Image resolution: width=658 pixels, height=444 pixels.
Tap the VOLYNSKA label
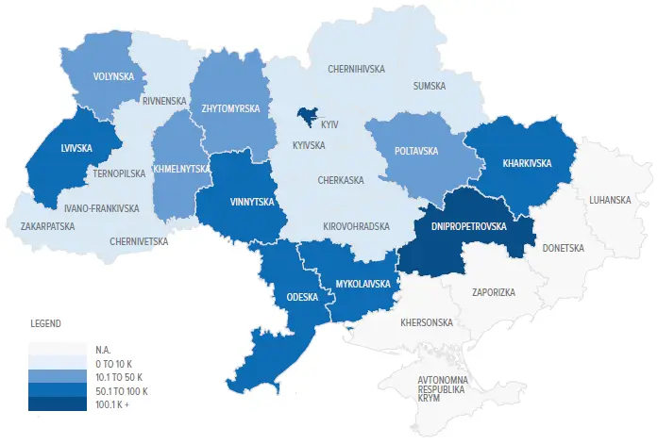112,76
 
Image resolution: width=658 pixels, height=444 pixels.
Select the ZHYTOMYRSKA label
230,108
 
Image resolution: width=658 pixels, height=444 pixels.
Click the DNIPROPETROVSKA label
469,227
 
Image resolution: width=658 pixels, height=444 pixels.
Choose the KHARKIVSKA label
517,163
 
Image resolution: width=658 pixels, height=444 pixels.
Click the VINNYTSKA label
251,201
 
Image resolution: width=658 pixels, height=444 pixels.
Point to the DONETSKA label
564,248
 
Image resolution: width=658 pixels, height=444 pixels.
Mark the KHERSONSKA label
427,322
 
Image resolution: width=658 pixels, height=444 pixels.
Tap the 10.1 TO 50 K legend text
122,376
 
